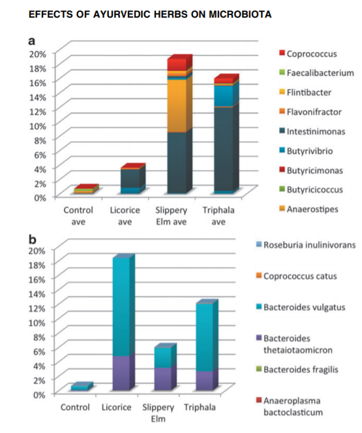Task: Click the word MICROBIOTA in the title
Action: coord(240,14)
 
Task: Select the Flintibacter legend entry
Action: coord(305,92)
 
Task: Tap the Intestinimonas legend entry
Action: coord(312,131)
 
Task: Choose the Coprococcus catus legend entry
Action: coord(296,276)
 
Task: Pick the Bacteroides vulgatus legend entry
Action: coord(301,307)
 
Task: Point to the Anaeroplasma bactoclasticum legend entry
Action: coord(290,406)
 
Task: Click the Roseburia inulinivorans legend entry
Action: coord(306,245)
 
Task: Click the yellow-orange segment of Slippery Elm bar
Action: coord(177,106)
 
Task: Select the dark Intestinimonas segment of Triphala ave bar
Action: coord(223,148)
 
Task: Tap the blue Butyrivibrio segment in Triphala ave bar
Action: coord(223,96)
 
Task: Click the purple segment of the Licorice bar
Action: coord(121,373)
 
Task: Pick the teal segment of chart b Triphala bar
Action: coord(204,338)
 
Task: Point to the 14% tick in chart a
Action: coord(37,97)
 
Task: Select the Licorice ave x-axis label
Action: coord(125,216)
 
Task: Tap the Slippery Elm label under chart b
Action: coord(158,413)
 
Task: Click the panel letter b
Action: coord(32,240)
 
